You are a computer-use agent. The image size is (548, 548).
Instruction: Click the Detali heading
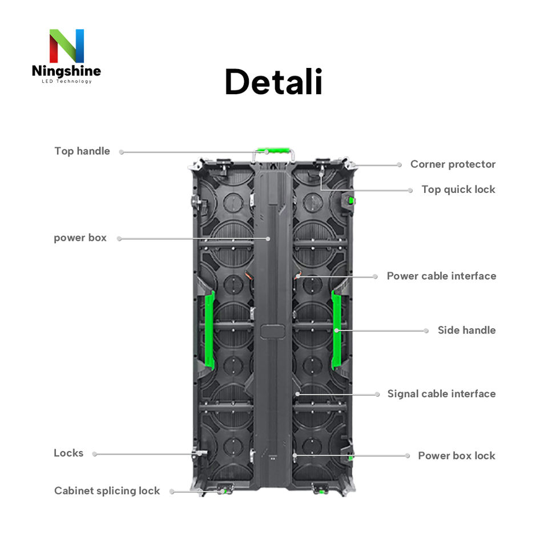(x=273, y=83)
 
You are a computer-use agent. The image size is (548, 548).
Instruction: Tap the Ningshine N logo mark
(x=66, y=46)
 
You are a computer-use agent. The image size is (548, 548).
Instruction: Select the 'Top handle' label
(x=82, y=151)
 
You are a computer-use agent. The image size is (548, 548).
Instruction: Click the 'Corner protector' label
(x=453, y=164)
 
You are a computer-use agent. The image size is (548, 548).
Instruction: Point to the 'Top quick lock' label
(x=458, y=190)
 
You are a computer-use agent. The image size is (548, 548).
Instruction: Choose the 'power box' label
(x=80, y=238)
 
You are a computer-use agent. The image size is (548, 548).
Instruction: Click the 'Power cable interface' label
(x=441, y=276)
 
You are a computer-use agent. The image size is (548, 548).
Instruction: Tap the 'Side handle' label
(x=466, y=331)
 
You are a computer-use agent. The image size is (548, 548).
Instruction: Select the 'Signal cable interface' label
(x=441, y=394)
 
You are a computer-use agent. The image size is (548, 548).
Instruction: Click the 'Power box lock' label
(x=457, y=456)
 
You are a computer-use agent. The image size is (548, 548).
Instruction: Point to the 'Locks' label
(x=68, y=453)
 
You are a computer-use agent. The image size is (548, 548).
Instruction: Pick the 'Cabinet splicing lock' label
(x=107, y=491)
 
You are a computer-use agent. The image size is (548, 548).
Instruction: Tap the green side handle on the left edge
(x=209, y=330)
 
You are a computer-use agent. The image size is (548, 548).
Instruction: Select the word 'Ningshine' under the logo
(x=66, y=71)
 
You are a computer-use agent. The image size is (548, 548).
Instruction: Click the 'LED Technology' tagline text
(x=66, y=82)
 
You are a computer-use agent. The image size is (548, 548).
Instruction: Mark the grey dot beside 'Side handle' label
(x=426, y=331)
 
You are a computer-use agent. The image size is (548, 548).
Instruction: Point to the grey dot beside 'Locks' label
(x=95, y=454)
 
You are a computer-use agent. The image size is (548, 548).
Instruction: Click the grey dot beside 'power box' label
(x=119, y=239)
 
